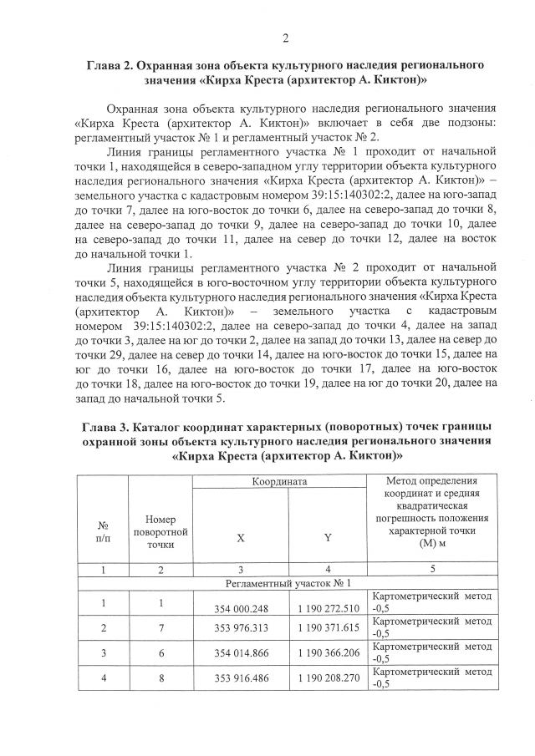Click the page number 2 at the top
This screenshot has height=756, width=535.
tap(285, 38)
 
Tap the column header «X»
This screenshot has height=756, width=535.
tap(241, 537)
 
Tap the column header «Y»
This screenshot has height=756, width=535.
tap(328, 537)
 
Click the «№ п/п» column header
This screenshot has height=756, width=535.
tap(103, 532)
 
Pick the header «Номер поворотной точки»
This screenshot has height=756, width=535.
tap(160, 532)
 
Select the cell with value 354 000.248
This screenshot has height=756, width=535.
tap(241, 607)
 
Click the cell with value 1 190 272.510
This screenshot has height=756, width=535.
tap(328, 607)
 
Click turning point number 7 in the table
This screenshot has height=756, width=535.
tap(160, 627)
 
